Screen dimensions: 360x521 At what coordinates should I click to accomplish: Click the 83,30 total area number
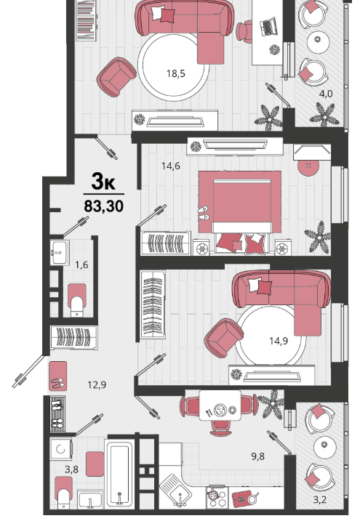point(104,206)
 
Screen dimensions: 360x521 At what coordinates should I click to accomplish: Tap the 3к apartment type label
point(103,182)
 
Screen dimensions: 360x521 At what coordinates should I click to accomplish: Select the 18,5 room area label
point(176,73)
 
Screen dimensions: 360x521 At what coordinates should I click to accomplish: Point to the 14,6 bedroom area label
point(171,166)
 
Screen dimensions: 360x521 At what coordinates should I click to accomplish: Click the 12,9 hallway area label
point(97,385)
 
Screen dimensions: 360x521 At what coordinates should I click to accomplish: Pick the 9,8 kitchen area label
point(258,456)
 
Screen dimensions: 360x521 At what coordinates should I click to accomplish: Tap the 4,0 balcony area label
point(326,94)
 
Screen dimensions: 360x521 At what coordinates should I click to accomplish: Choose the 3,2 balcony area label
point(319,499)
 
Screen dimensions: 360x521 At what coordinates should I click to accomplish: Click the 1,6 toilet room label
point(81,264)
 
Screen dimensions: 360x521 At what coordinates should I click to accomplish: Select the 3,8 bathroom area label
point(71,469)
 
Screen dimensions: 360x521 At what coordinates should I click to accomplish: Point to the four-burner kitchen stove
point(217,497)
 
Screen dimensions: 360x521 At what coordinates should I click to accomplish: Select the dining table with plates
point(220,405)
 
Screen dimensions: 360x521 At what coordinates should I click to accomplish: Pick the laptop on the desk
point(268,26)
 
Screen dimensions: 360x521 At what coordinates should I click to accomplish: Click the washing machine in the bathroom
point(61,449)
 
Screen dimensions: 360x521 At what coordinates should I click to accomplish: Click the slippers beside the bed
point(203,213)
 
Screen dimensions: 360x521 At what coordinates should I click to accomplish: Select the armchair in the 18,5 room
point(116,77)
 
